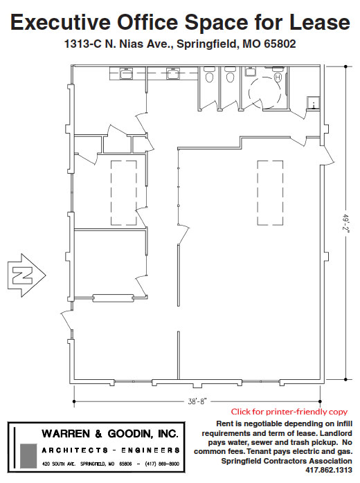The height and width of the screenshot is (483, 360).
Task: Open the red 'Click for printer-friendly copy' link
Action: (x=289, y=411)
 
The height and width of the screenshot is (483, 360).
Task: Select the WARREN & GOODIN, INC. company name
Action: (x=110, y=434)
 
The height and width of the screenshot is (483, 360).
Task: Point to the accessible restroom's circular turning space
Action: (x=267, y=90)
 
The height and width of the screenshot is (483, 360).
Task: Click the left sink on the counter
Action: (x=127, y=73)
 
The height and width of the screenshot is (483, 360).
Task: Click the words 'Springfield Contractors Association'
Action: (x=287, y=459)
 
